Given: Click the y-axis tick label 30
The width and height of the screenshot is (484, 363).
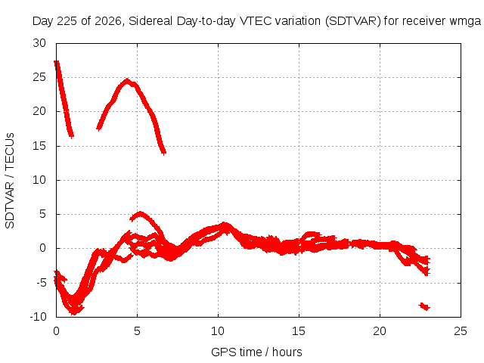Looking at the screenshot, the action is pyautogui.click(x=39, y=43).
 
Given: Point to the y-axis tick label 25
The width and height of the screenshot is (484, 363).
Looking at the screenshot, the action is pyautogui.click(x=39, y=77).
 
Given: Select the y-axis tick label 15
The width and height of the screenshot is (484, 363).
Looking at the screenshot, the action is pyautogui.click(x=39, y=146).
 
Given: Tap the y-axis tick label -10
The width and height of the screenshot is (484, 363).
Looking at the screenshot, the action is pyautogui.click(x=38, y=317).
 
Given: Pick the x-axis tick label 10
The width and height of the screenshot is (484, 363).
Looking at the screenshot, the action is pyautogui.click(x=218, y=331).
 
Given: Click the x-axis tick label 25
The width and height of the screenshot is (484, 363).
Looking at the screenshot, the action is pyautogui.click(x=461, y=331).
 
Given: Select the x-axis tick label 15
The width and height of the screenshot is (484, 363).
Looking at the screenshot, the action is pyautogui.click(x=299, y=331).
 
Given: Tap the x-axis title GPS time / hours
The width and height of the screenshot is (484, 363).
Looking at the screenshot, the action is pyautogui.click(x=256, y=352).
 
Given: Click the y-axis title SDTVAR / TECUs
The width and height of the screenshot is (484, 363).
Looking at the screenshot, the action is pyautogui.click(x=10, y=181).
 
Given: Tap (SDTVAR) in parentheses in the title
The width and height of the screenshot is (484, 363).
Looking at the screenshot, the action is pyautogui.click(x=353, y=21).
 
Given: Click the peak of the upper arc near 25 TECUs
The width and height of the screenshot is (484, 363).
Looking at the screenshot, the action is pyautogui.click(x=126, y=80).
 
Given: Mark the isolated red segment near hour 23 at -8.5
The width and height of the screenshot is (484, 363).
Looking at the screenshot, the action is pyautogui.click(x=424, y=306).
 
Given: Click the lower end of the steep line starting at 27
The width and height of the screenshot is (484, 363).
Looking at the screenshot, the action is pyautogui.click(x=71, y=136).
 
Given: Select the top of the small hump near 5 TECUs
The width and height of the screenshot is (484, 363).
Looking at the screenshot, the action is pyautogui.click(x=141, y=213).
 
